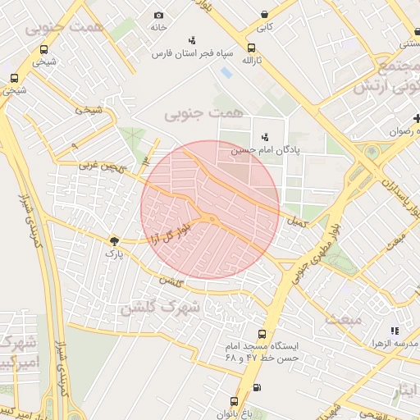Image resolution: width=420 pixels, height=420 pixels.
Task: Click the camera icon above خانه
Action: (x=158, y=15)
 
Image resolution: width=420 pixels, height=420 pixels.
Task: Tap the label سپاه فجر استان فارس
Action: (x=192, y=53)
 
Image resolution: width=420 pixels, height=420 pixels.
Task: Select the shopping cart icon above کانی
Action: (x=264, y=14)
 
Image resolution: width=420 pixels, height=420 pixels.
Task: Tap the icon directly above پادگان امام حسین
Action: (x=264, y=137)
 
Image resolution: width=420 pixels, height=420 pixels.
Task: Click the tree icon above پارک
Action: (x=113, y=240)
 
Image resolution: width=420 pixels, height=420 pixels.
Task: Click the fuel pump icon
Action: (x=258, y=387)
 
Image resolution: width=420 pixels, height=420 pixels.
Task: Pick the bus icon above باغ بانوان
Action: (x=234, y=401)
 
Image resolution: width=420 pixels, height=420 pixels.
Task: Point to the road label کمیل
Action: (x=295, y=221)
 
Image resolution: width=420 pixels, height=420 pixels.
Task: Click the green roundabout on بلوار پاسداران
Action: (x=373, y=153)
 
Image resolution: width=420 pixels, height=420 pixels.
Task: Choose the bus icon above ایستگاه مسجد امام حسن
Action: (x=262, y=334)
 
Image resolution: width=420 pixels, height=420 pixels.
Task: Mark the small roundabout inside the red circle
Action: (x=212, y=218)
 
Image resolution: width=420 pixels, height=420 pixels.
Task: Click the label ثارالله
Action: (x=251, y=61)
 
